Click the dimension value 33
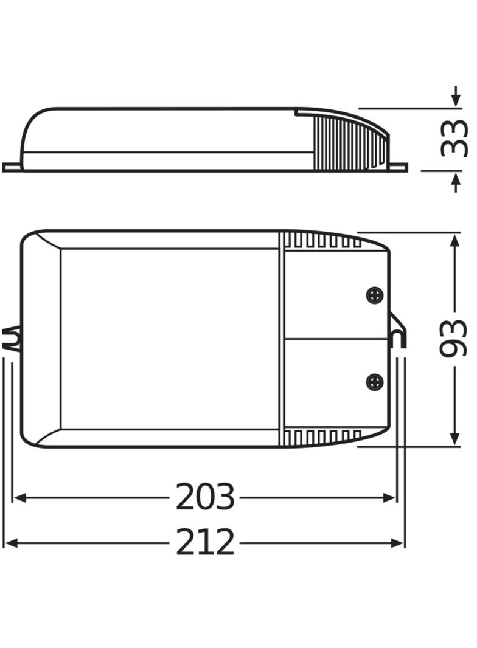pos(454,139)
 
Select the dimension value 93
pos(453,338)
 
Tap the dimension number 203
pos(205,497)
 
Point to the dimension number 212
pos(205,543)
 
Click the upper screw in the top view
pos(375,295)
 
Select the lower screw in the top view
pos(375,381)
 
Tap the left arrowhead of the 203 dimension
pos(20,498)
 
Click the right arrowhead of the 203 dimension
pos(389,498)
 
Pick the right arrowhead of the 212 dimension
pos(397,543)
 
